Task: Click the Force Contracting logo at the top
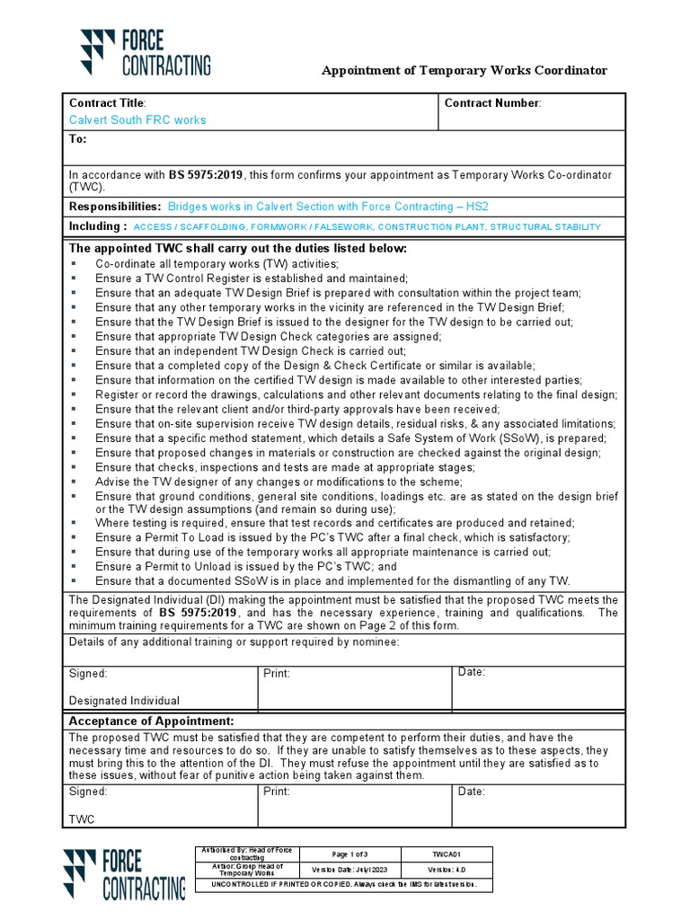click(x=146, y=51)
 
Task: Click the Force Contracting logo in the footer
click(x=124, y=873)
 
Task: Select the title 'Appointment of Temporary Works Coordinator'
click(x=464, y=70)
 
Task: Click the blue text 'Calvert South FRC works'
click(x=137, y=119)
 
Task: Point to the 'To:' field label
click(x=77, y=139)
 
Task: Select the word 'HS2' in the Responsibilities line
click(x=481, y=206)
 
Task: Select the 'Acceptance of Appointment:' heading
click(x=152, y=721)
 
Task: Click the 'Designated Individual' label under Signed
click(x=124, y=700)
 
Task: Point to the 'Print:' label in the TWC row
click(x=277, y=792)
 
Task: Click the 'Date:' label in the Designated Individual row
click(x=472, y=672)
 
